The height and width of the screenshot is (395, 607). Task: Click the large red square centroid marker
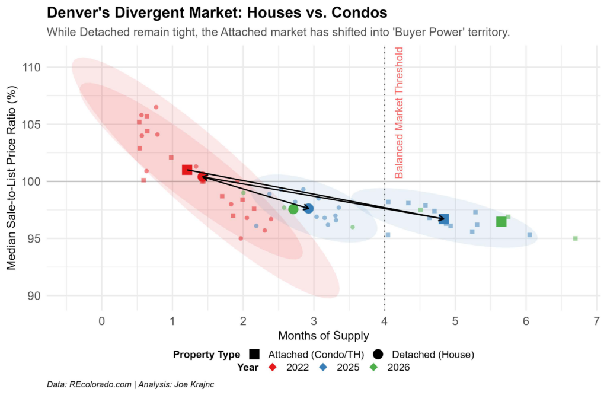click(x=187, y=170)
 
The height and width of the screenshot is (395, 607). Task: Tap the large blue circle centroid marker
click(x=308, y=209)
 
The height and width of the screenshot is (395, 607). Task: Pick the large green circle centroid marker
click(x=293, y=209)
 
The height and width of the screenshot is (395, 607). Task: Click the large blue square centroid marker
click(x=443, y=219)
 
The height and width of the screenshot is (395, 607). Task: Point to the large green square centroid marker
click(x=501, y=221)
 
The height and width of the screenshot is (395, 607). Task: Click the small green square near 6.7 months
click(x=575, y=238)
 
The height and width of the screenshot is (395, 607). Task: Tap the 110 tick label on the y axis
click(x=31, y=68)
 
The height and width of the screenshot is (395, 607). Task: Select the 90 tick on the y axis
click(x=34, y=296)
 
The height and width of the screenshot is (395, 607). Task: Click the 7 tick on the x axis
click(x=596, y=321)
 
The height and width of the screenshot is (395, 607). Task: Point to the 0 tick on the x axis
click(x=102, y=321)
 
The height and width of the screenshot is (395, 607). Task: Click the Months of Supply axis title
click(x=323, y=335)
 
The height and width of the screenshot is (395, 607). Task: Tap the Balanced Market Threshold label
click(x=399, y=113)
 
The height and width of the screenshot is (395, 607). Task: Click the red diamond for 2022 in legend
click(x=273, y=367)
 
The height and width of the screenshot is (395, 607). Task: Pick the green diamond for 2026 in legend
click(x=373, y=367)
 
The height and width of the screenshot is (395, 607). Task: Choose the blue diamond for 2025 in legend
click(x=323, y=367)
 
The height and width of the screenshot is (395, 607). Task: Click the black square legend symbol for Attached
click(x=254, y=354)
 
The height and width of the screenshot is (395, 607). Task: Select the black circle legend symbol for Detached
click(x=378, y=354)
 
